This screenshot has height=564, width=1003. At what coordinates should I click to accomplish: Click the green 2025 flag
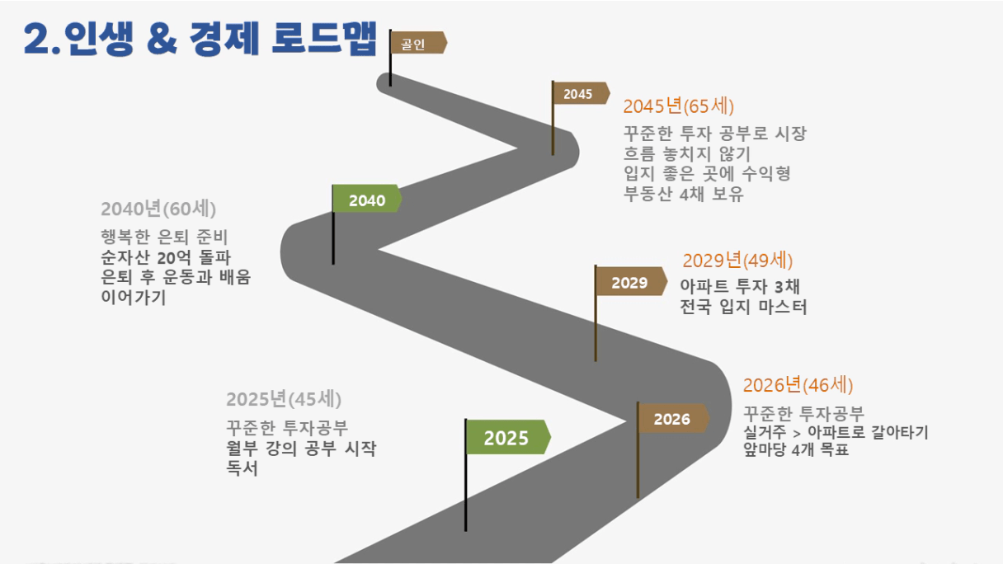(x=508, y=437)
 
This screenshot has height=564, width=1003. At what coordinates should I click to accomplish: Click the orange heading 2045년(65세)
(x=678, y=106)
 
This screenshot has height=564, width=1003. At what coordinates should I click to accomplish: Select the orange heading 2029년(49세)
(x=737, y=260)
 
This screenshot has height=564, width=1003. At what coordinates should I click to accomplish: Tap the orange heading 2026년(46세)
(x=798, y=384)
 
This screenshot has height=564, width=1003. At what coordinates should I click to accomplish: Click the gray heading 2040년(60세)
(x=158, y=209)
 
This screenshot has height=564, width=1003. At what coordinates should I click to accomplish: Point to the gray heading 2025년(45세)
(x=284, y=399)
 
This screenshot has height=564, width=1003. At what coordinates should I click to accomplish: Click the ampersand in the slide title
(x=162, y=40)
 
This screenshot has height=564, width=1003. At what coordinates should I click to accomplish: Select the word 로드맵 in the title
(x=324, y=39)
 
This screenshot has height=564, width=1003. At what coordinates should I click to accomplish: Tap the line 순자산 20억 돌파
(x=166, y=257)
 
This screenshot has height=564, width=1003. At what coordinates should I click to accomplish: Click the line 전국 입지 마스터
(x=743, y=307)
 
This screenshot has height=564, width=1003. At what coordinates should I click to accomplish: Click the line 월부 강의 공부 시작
(x=301, y=448)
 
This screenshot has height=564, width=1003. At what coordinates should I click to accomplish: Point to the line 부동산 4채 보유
(x=684, y=194)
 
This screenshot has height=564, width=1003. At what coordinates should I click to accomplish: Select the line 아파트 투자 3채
(x=740, y=286)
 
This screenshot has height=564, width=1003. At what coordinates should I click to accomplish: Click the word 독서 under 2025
(x=242, y=468)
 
